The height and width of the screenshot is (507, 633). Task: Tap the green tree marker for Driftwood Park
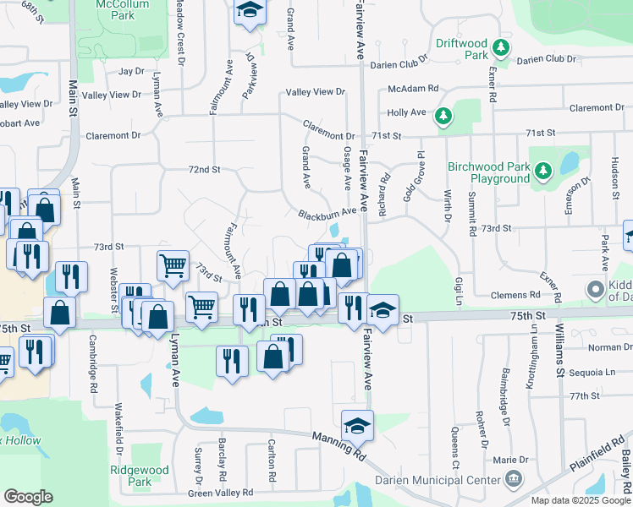(502, 46)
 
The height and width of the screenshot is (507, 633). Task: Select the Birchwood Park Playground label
(488, 172)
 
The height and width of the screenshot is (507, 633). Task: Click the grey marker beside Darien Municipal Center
(513, 481)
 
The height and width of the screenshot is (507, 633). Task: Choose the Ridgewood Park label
(139, 476)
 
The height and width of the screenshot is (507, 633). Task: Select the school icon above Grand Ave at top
(250, 11)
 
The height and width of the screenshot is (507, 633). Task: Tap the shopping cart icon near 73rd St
(173, 264)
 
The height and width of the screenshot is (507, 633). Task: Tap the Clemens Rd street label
(515, 295)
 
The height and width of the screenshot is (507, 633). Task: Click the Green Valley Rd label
(220, 493)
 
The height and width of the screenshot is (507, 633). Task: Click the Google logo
(29, 497)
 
